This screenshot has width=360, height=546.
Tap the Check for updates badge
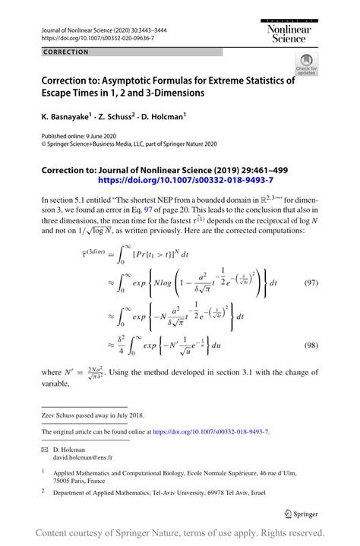[306, 64]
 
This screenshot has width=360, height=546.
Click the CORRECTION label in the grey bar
[66, 52]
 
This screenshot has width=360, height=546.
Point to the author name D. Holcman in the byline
[163, 118]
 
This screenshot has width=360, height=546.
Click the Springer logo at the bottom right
[300, 513]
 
